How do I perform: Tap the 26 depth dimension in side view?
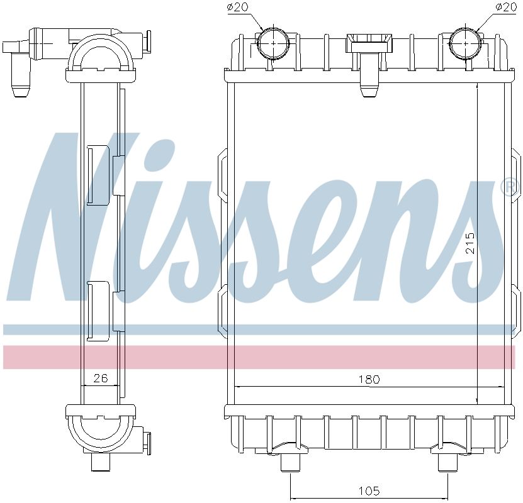(x=101, y=378)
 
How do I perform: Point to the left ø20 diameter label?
(x=238, y=8)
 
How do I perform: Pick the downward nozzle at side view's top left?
(x=21, y=82)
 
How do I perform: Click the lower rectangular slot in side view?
(x=98, y=310)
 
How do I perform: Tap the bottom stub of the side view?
(x=101, y=462)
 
